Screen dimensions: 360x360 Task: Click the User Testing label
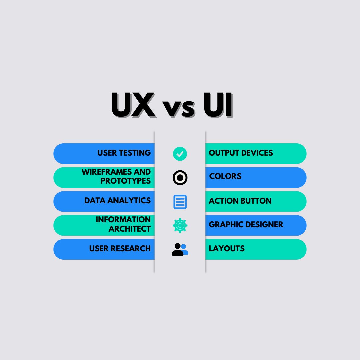[x=124, y=153]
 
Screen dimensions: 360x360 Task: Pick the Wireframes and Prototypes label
[x=116, y=176]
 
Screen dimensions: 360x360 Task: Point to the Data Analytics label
[x=117, y=201]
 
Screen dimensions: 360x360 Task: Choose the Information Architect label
[x=123, y=224]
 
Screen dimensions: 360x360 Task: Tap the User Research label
[x=120, y=249]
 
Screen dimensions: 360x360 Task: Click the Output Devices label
[x=241, y=153]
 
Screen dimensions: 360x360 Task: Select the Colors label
[x=225, y=176]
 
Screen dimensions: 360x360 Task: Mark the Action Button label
[x=240, y=201]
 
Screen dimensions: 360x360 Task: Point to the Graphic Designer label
[x=246, y=225]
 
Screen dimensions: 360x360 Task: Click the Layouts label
[x=227, y=249]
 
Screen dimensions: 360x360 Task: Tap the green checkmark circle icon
[x=180, y=154]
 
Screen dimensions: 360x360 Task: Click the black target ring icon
[x=180, y=178]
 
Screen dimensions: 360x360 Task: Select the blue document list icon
[x=180, y=202]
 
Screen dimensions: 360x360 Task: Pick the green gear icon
[x=180, y=226]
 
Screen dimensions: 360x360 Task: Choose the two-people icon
[x=180, y=249]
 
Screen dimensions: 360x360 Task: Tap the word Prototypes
[x=126, y=181]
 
